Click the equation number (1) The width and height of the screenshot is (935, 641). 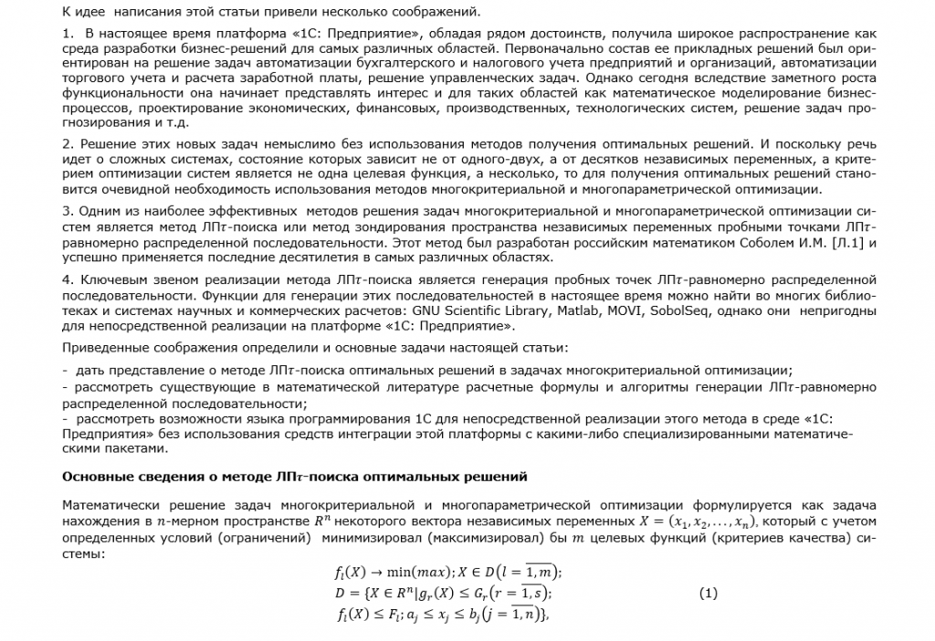click(x=709, y=594)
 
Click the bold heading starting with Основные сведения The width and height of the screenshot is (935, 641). click(x=294, y=477)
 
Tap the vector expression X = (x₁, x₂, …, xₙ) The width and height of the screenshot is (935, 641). click(x=695, y=521)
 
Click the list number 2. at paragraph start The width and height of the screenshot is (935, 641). click(x=68, y=144)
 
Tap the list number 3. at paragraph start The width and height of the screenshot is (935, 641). click(x=68, y=210)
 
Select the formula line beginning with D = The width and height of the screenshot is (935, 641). click(x=444, y=594)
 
